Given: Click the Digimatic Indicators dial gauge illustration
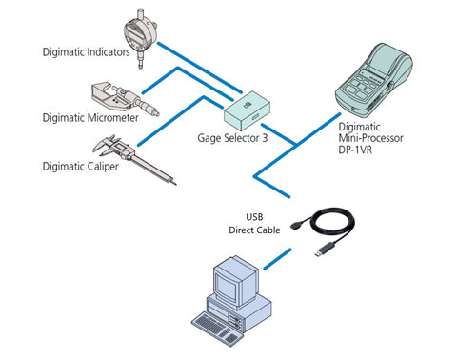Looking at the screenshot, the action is [140, 38].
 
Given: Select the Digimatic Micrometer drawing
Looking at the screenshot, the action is [125, 99].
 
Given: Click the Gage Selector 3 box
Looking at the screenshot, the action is [247, 111].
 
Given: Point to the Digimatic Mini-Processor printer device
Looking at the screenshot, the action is [374, 81].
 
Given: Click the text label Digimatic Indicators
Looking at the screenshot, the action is [87, 52].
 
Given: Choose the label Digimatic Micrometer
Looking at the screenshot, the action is [90, 118].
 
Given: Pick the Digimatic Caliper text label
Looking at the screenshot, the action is [81, 167].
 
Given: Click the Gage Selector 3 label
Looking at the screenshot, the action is [232, 138].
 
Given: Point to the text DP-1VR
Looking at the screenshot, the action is [355, 150].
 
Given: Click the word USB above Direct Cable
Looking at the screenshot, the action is [254, 217].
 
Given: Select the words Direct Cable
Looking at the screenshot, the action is [254, 230].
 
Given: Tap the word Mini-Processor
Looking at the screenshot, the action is [370, 138].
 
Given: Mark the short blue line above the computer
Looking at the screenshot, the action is [277, 259].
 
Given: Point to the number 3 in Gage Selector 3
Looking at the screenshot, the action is [265, 138].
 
